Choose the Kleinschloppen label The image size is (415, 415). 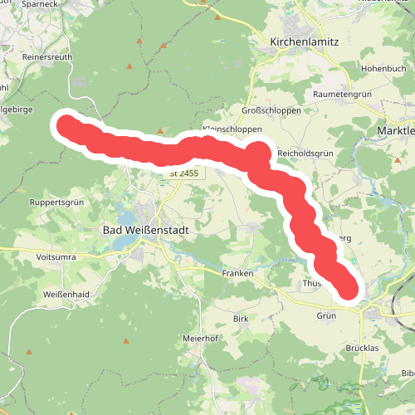tap(232, 130)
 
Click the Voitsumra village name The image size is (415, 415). tap(56, 257)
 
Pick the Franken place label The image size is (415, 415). tap(237, 273)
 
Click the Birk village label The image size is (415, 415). tap(241, 319)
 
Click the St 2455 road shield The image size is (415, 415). tap(183, 173)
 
